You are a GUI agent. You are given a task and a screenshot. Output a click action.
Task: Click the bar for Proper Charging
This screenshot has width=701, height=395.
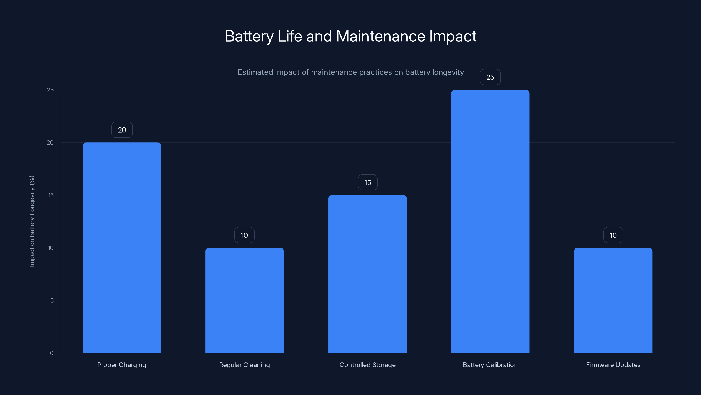point(122,248)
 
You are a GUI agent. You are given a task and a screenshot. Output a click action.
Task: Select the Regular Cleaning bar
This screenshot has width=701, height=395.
point(244,300)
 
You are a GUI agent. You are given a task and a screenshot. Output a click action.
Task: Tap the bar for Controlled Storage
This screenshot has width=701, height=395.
point(367,274)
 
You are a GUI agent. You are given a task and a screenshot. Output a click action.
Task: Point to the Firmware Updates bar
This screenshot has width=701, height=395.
point(613,300)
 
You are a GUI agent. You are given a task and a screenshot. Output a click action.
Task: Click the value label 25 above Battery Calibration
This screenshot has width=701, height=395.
point(490,77)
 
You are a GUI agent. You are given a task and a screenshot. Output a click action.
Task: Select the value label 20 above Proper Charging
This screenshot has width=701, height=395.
point(122,130)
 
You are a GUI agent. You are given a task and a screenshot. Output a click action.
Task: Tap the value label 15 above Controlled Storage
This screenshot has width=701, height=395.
point(368,182)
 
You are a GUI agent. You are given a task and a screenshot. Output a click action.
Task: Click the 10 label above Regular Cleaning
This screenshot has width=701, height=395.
point(244,235)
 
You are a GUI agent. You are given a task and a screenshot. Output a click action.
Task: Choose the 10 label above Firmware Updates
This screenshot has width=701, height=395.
point(613,235)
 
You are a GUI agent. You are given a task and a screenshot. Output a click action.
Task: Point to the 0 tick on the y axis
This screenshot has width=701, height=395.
point(52,353)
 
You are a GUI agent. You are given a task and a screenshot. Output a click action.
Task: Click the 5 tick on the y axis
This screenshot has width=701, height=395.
point(52,300)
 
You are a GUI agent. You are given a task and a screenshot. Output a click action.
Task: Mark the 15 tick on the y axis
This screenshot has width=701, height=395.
point(51,195)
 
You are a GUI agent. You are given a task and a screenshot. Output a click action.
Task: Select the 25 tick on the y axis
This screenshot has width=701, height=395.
point(50,90)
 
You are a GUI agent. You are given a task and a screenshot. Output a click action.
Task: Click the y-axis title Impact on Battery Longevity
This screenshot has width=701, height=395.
point(32,221)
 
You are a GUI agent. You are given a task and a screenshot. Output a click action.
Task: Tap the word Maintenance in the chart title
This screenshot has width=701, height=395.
point(381,36)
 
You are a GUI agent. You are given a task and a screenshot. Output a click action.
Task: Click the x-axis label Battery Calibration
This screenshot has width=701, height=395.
point(490,365)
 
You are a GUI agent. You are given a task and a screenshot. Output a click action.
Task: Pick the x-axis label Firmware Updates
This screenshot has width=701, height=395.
point(613,365)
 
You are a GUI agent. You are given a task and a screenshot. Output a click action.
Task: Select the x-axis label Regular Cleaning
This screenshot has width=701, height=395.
point(244,365)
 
